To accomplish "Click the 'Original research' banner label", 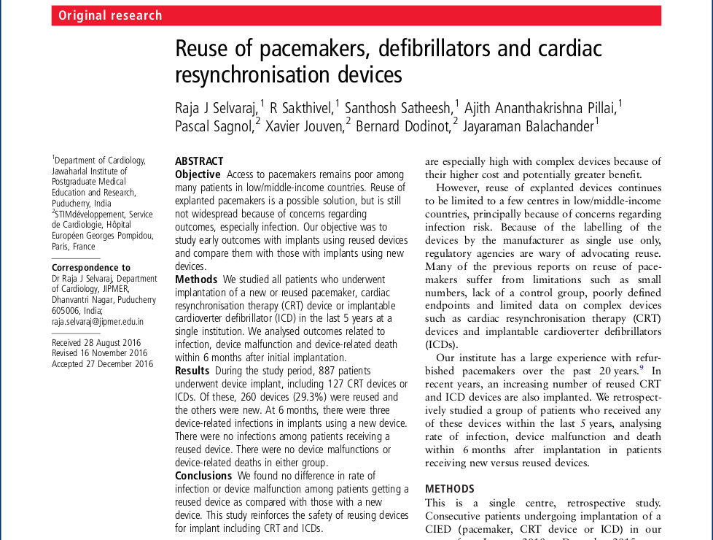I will click(x=110, y=15).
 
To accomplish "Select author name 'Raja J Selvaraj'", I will click(x=217, y=108).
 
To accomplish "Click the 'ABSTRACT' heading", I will click(x=199, y=161).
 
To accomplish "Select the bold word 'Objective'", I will click(x=198, y=174).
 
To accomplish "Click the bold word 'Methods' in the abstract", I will click(x=196, y=279).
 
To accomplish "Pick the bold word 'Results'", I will click(x=192, y=371).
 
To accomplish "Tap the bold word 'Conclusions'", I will click(x=203, y=476).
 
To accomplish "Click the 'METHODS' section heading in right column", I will click(x=449, y=489).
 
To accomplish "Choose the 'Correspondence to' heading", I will click(x=91, y=268).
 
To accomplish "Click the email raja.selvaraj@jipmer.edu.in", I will click(x=98, y=321).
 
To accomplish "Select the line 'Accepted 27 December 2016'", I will click(x=102, y=364).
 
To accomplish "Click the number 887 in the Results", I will click(x=327, y=371).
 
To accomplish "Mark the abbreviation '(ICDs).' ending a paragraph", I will click(x=442, y=344).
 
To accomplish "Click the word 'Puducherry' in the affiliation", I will click(x=72, y=204).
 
